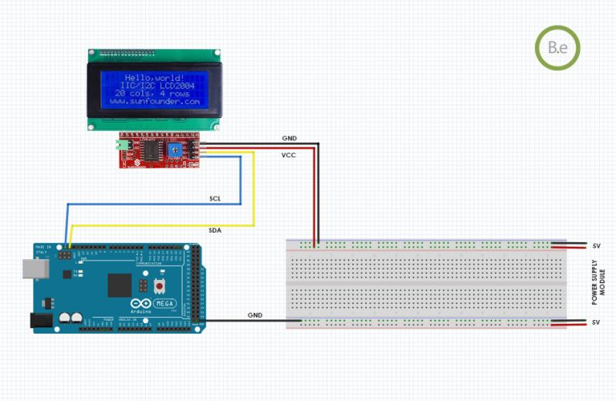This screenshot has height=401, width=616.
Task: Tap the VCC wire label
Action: click(x=290, y=155)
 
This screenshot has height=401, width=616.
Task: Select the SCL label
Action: click(x=216, y=198)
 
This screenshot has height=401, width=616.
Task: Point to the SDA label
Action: click(x=216, y=230)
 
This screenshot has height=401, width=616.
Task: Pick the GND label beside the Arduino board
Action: click(x=255, y=315)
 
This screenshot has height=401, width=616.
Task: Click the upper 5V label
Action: click(x=596, y=245)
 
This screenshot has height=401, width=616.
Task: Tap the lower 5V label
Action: click(x=596, y=322)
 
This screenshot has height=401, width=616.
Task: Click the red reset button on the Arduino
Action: click(x=160, y=286)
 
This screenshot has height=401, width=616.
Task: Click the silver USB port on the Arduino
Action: click(x=34, y=270)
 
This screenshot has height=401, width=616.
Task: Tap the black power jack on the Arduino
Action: click(x=40, y=320)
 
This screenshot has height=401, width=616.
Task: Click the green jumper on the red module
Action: click(x=122, y=146)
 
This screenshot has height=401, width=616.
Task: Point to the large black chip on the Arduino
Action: click(x=120, y=284)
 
